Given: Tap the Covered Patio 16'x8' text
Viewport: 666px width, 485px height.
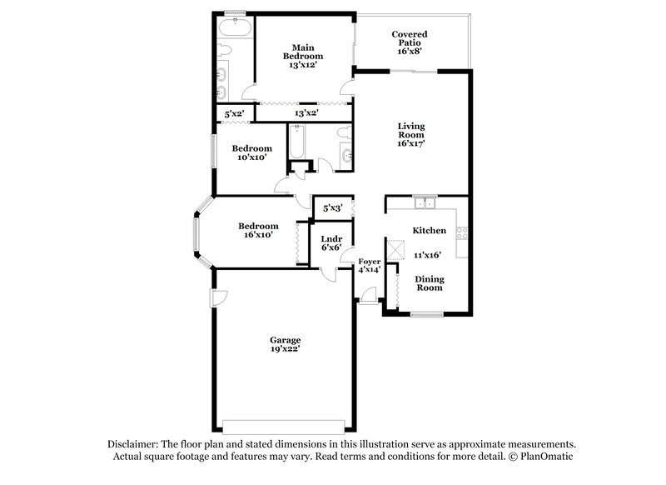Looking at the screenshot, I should click(408, 42).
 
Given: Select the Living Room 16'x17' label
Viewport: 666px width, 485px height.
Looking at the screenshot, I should click(410, 134).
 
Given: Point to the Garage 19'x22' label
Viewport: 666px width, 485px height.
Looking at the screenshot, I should click(285, 345).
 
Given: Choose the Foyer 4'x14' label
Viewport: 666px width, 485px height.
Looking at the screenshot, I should click(369, 266).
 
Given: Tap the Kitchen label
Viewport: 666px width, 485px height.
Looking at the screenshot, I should click(429, 230).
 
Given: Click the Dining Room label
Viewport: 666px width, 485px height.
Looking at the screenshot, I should click(429, 283).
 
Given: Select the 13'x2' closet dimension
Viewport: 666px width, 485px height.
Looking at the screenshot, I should click(306, 112).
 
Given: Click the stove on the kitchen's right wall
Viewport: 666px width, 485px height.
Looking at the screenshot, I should click(462, 233).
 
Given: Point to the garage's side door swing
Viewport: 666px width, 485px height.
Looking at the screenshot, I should click(218, 297).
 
